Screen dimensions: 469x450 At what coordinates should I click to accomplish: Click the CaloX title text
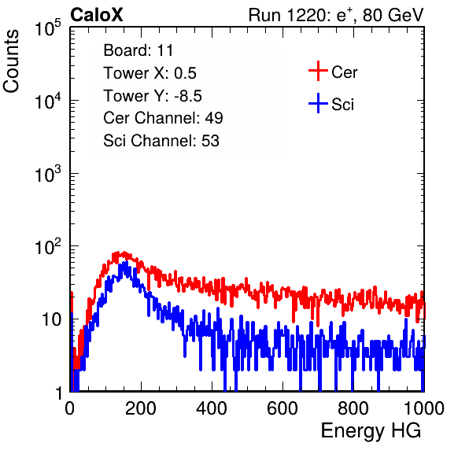click(x=97, y=15)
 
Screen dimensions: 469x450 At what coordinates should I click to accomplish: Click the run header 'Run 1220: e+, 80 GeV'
click(x=336, y=15)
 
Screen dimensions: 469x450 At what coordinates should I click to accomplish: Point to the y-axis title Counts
click(x=11, y=61)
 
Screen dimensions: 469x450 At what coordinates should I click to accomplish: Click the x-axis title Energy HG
click(x=371, y=431)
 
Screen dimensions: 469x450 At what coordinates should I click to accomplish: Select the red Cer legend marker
click(x=318, y=71)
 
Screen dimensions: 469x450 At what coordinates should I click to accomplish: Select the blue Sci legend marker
click(x=318, y=103)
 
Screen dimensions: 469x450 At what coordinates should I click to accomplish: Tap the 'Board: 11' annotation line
click(x=138, y=50)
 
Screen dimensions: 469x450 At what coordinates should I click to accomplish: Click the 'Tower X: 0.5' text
click(x=150, y=73)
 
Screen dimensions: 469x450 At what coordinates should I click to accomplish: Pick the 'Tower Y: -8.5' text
click(x=153, y=96)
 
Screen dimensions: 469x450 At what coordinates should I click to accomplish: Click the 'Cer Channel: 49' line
click(x=163, y=118)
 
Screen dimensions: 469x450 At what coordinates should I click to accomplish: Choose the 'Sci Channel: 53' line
click(x=161, y=141)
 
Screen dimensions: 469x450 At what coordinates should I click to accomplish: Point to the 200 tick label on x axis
click(x=141, y=408)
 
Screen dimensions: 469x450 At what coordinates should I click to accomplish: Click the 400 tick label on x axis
click(x=212, y=408)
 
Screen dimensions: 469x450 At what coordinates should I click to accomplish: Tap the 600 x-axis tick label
click(x=283, y=408)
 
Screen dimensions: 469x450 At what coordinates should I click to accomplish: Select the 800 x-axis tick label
click(x=353, y=408)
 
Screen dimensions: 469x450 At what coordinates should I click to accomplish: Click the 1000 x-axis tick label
click(x=424, y=408)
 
